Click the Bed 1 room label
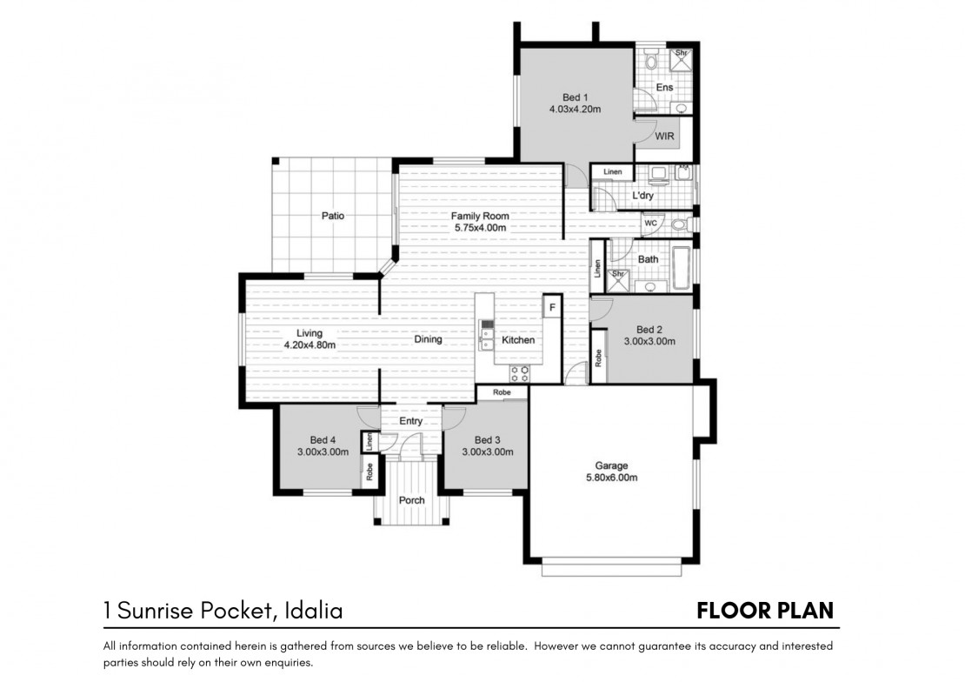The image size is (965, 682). [x=575, y=97]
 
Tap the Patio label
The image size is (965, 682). [x=333, y=216]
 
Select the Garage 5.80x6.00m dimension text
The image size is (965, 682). [x=611, y=478]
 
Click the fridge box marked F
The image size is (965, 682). [x=552, y=307]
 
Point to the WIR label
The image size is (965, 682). [x=664, y=137]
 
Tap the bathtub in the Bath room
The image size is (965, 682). [x=682, y=268]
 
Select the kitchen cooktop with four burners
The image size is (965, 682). [x=519, y=372]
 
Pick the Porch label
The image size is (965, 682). [x=412, y=500]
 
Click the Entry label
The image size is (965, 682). [x=410, y=421]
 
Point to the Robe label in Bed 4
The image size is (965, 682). [x=369, y=471]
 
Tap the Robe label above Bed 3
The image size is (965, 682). [x=502, y=392]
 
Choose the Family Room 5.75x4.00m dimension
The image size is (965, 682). [x=481, y=227]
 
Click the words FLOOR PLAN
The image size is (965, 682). [x=765, y=611]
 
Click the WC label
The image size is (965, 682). [x=650, y=224]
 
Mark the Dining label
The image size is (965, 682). [x=428, y=339]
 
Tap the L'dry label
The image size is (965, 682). [x=643, y=196]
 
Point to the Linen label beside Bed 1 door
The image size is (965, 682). [x=612, y=172]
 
